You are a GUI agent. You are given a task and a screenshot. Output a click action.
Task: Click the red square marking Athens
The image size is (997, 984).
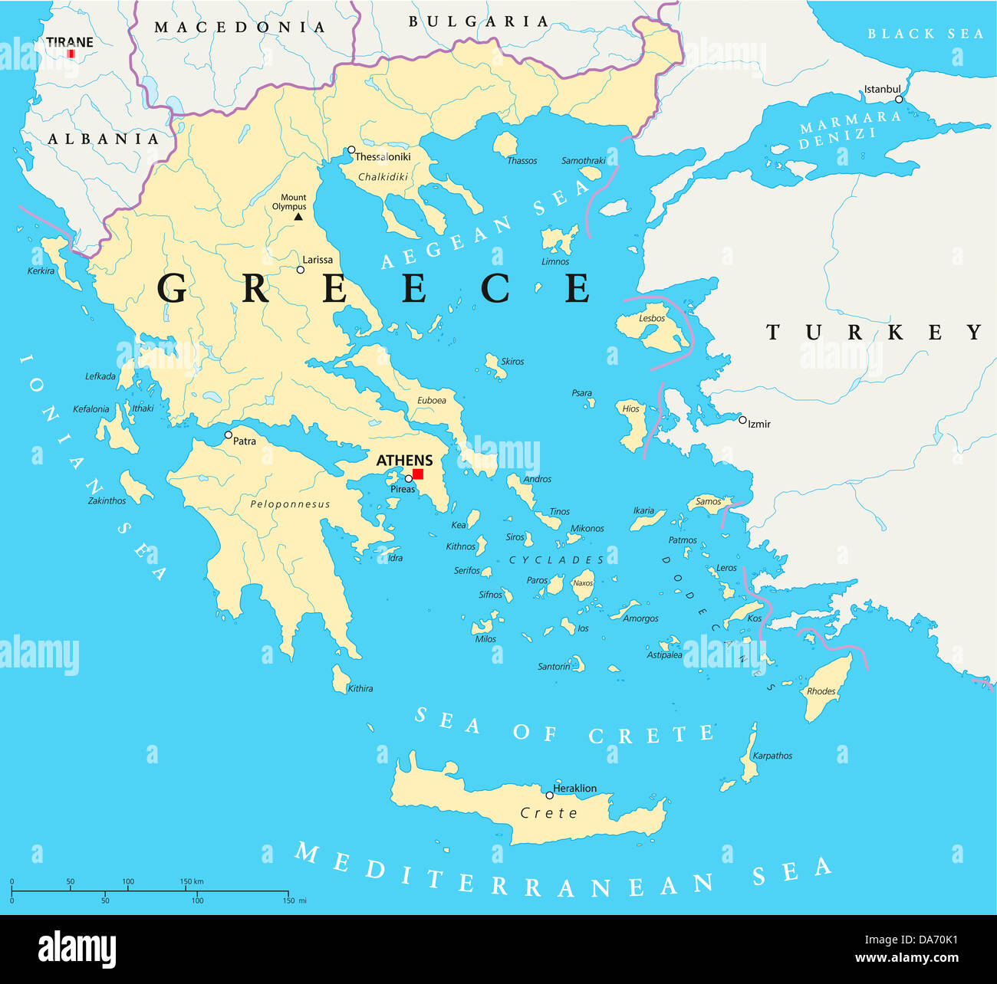pos(418,474)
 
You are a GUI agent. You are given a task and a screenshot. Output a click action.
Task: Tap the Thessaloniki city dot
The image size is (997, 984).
pos(351,150)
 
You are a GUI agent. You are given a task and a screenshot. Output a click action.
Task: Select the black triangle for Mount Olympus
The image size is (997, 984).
pos(298,217)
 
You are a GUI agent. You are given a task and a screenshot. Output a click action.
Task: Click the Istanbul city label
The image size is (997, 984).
pos(882,89)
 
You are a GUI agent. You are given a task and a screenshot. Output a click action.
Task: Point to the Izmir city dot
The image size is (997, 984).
pos(742,420)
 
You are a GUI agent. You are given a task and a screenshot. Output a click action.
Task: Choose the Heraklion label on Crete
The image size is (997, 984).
pos(574,788)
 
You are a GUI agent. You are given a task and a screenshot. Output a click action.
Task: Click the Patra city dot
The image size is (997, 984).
pos(228,435)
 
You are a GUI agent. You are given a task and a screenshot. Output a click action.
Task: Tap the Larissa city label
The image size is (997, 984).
pos(318,260)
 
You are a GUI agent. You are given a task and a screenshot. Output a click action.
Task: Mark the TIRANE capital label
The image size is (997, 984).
pos(70,42)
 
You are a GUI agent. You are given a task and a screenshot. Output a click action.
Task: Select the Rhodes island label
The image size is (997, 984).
pos(821,691)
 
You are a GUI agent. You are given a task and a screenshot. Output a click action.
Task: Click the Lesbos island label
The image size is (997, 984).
pos(652,318)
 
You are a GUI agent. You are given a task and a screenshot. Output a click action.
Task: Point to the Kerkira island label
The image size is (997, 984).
pos(41,271)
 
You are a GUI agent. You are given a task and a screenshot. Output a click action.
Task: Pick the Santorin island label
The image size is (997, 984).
pos(554,667)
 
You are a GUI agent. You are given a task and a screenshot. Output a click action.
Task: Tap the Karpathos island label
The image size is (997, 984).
pos(772,756)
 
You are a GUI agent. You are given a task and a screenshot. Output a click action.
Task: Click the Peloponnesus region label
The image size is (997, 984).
pos(290,504)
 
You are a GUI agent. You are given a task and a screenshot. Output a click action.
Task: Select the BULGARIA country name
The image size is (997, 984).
pos(479,21)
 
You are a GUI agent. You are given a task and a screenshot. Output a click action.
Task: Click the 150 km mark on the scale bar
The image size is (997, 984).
pos(192,882)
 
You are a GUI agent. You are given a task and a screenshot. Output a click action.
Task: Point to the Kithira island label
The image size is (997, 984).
pos(360,688)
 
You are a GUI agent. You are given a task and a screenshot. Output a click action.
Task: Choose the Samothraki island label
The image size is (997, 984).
pos(584,161)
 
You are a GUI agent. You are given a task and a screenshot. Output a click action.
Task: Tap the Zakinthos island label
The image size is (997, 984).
pos(107,500)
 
